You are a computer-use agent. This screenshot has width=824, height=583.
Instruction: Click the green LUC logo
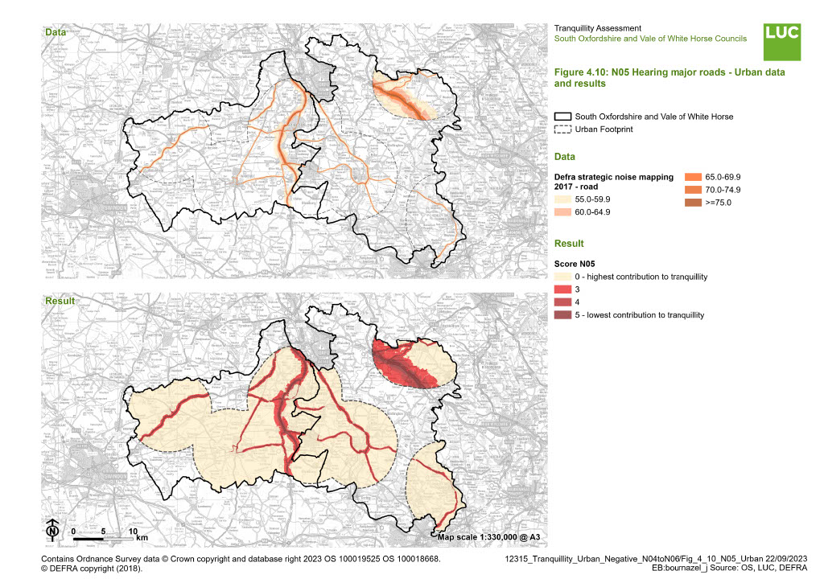coord(782,42)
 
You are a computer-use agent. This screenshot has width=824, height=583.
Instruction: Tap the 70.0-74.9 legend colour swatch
coord(693,190)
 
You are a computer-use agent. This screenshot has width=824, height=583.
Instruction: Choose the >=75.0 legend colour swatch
coord(693,203)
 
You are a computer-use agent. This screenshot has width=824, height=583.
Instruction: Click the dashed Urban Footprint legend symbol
coord(562,129)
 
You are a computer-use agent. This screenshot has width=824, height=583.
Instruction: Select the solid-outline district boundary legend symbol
coord(562,117)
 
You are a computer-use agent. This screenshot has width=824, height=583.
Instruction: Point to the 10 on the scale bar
coord(134,532)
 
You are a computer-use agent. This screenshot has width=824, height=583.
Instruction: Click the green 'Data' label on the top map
coord(56,33)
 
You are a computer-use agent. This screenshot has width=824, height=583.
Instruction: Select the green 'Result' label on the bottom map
coord(59,301)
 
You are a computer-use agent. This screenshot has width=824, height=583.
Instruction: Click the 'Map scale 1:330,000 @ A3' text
coord(490,536)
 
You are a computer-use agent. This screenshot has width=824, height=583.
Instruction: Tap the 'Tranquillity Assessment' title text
coord(598,28)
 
